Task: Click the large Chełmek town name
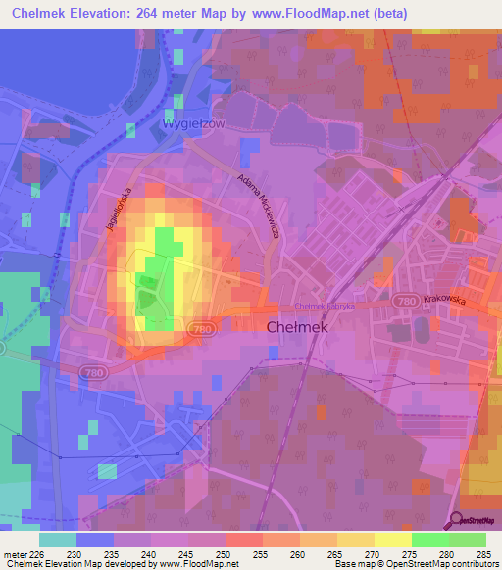(296, 329)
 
